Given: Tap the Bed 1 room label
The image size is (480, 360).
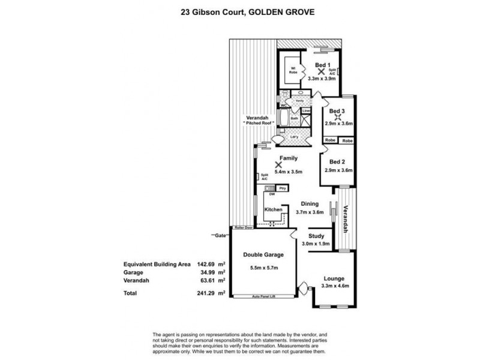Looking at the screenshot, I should point(322,65).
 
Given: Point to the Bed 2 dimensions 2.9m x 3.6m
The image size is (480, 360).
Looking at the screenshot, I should point(338,170).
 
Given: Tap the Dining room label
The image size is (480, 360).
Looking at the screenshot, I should point(310,204).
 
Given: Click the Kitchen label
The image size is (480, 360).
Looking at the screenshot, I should point(274,209).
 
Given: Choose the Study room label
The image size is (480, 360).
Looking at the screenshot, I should point(316,236).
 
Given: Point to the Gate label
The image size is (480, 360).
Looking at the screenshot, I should point(220,236).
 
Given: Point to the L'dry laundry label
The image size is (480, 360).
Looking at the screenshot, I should point(294,137).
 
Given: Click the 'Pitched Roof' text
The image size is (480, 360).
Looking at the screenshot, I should point(259,122).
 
